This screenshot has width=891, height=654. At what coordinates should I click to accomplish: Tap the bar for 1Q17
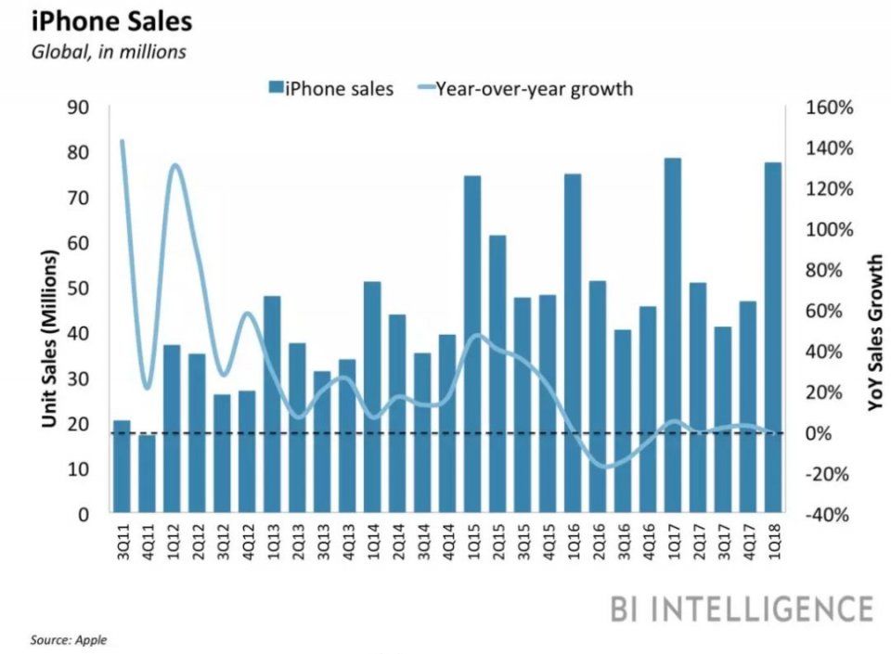click(x=673, y=335)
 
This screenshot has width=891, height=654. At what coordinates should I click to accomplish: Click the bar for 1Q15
click(x=472, y=343)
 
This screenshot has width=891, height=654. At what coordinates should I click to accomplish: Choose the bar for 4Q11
click(x=147, y=474)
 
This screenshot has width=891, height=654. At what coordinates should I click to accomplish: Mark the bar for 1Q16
click(x=573, y=342)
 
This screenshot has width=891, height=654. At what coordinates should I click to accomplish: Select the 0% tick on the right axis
click(x=826, y=433)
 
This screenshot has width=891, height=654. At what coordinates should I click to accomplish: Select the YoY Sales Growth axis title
click(x=875, y=334)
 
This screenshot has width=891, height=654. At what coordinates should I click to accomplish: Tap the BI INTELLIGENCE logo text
click(x=742, y=609)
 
